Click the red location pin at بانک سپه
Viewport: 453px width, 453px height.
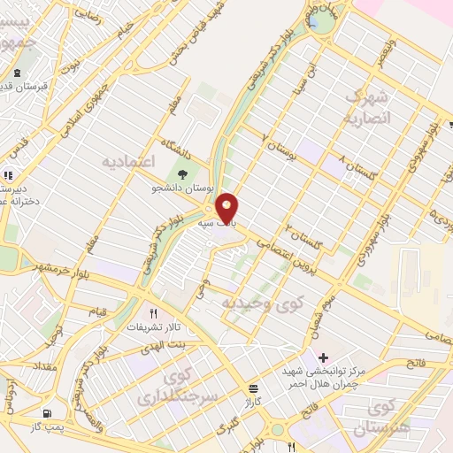pos(227,208)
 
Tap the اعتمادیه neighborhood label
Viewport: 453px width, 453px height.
pos(129,162)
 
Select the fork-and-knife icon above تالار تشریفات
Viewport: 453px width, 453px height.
pos(153,313)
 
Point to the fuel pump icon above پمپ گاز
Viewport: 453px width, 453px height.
pos(46,413)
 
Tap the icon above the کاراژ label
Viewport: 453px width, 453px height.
pos(254,388)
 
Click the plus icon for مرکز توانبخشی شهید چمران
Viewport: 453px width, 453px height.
pos(323,356)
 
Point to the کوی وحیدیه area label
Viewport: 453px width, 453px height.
pos(265,303)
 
